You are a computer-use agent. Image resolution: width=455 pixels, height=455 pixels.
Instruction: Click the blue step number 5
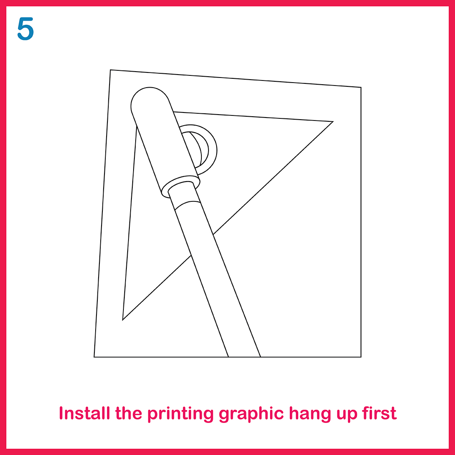(26, 29)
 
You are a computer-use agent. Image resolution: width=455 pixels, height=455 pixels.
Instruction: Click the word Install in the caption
(84, 413)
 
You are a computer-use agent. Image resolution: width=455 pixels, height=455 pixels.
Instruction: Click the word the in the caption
(128, 413)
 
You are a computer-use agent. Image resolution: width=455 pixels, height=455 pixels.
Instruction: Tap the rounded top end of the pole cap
(150, 88)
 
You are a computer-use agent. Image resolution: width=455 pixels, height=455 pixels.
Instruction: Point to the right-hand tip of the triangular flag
(333, 122)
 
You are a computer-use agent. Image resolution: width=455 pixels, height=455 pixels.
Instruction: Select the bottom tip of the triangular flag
(123, 320)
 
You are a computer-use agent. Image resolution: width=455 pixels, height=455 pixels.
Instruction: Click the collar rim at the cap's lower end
(180, 186)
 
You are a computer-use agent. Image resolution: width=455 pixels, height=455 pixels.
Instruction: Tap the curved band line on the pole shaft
(187, 203)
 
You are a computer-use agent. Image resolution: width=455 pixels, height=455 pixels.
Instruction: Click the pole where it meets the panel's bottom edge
(244, 357)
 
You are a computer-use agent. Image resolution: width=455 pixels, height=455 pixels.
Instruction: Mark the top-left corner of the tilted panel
(110, 70)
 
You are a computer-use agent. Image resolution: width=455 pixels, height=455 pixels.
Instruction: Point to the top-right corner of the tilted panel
(361, 87)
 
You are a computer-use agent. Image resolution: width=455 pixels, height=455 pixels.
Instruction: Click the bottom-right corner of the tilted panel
(361, 357)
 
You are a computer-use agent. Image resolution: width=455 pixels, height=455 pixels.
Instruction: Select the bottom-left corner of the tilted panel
(94, 357)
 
